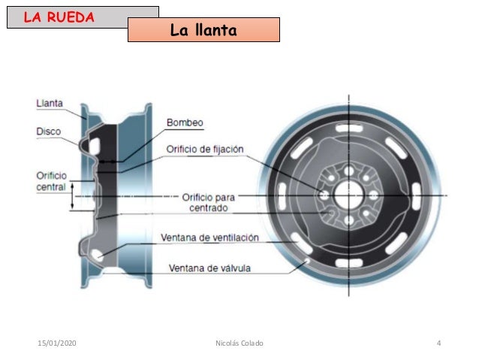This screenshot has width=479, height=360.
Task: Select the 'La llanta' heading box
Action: tap(203, 30)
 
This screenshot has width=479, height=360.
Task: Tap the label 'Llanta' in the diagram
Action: tap(49, 103)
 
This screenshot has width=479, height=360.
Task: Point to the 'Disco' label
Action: tap(48, 131)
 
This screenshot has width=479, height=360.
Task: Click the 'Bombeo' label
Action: tap(185, 123)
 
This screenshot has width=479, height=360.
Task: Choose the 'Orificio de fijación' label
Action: tap(205, 149)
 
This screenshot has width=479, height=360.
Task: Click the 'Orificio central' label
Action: tap(51, 180)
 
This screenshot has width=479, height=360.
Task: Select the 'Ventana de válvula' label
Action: tap(209, 268)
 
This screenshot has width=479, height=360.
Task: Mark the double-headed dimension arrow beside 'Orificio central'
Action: tap(72, 198)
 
